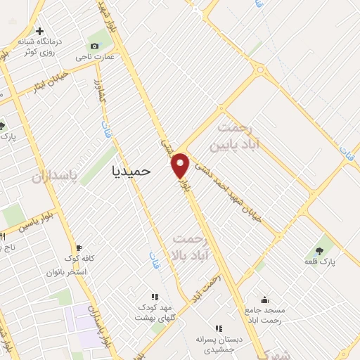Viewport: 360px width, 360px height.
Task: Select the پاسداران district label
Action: [53, 175]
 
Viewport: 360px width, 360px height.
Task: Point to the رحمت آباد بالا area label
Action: [191, 246]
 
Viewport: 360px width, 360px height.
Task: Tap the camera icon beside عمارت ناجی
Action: [94, 46]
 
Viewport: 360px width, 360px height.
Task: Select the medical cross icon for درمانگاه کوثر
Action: [40, 32]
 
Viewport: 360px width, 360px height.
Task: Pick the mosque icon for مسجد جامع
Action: [264, 299]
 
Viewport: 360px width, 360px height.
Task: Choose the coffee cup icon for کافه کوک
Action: [79, 247]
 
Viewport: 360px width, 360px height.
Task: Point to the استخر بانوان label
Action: [66, 271]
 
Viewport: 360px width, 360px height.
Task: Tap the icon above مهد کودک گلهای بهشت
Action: [155, 297]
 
